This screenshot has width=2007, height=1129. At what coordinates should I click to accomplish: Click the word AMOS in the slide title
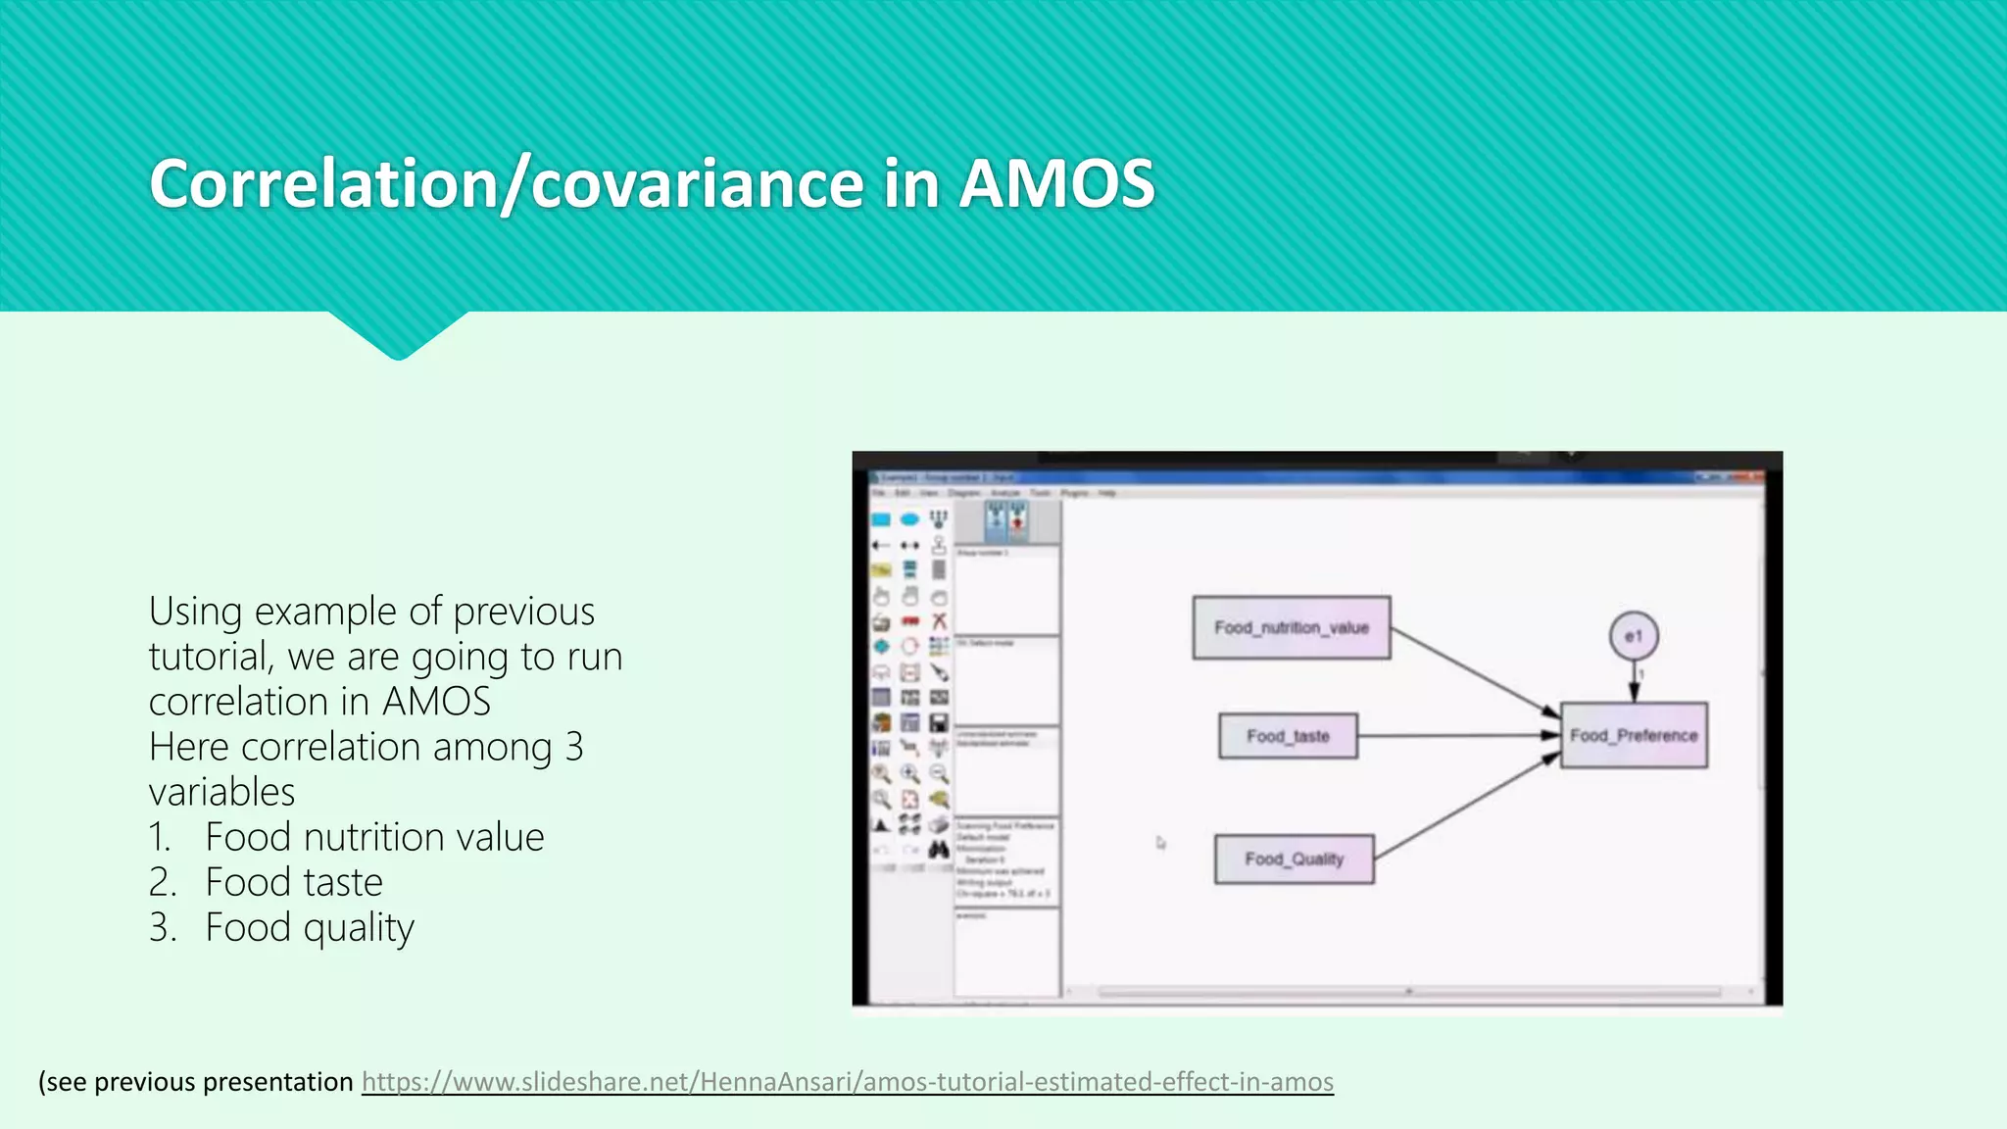tap(1056, 184)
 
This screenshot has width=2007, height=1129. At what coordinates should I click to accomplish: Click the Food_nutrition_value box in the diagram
tap(1291, 628)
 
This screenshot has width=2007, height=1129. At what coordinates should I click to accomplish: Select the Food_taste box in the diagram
tap(1288, 736)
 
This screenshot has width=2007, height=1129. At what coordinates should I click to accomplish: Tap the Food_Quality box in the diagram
tap(1294, 859)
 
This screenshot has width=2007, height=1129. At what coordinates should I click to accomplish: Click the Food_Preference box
tap(1634, 736)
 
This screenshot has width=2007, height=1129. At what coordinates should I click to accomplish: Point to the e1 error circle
tap(1634, 636)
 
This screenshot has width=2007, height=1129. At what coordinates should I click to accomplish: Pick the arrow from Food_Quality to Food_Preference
tap(1465, 806)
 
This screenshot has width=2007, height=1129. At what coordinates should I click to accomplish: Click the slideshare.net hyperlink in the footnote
tap(847, 1082)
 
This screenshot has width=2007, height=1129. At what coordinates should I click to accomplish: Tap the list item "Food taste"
tap(294, 883)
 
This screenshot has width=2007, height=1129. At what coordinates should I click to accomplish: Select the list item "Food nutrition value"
tap(374, 838)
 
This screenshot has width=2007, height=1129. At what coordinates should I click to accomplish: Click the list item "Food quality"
tap(310, 928)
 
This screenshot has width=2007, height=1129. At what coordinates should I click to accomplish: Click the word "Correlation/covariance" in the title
tap(505, 184)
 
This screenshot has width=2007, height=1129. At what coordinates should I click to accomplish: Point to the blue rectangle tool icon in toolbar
tap(881, 519)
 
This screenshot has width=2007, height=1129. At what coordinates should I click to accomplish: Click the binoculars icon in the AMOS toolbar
tap(939, 849)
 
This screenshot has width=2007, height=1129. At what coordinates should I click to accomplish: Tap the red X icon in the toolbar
tap(939, 621)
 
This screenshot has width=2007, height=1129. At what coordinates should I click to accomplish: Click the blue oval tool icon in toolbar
tap(909, 519)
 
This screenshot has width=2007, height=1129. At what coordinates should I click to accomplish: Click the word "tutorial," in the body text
tap(211, 657)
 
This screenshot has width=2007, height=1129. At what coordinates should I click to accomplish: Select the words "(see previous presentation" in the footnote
tap(195, 1082)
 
